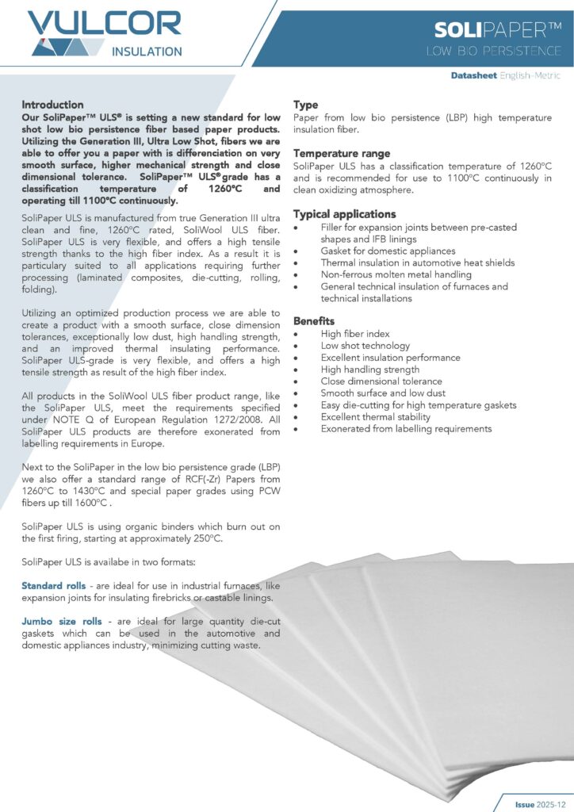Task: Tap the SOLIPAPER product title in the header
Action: (x=498, y=31)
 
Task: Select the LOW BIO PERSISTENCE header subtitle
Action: (x=493, y=52)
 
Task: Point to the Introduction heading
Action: (x=52, y=105)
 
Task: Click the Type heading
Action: (x=306, y=105)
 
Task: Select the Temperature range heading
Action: (x=341, y=153)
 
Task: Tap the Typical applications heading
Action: (x=344, y=214)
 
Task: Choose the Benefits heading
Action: (x=314, y=321)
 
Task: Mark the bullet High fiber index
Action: (x=355, y=334)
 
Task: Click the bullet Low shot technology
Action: (x=365, y=346)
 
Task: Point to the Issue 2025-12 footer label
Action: (x=536, y=803)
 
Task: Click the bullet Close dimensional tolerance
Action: (x=381, y=381)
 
